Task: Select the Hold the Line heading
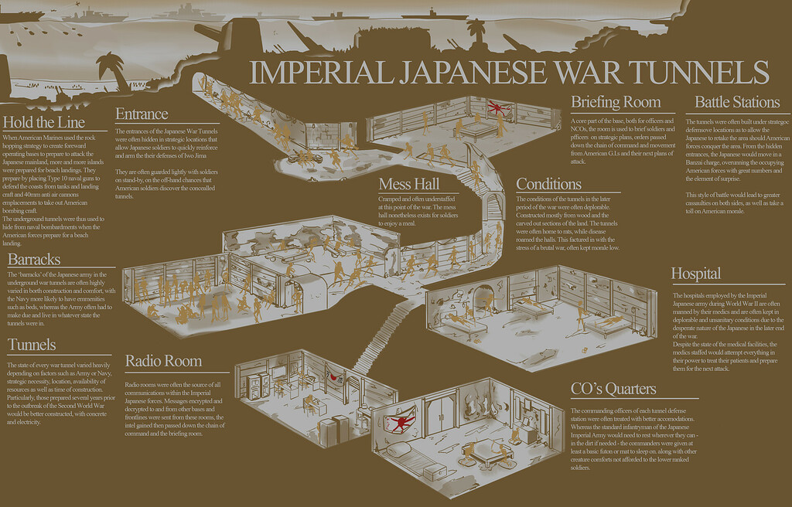click(x=44, y=122)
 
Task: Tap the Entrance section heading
click(x=142, y=114)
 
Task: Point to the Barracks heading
click(x=34, y=259)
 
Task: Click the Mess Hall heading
click(x=409, y=184)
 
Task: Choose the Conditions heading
click(x=548, y=184)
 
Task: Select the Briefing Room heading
click(x=616, y=102)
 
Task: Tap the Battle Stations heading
click(x=737, y=102)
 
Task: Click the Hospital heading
click(x=696, y=274)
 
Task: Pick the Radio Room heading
click(x=163, y=361)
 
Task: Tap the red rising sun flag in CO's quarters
click(x=401, y=420)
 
